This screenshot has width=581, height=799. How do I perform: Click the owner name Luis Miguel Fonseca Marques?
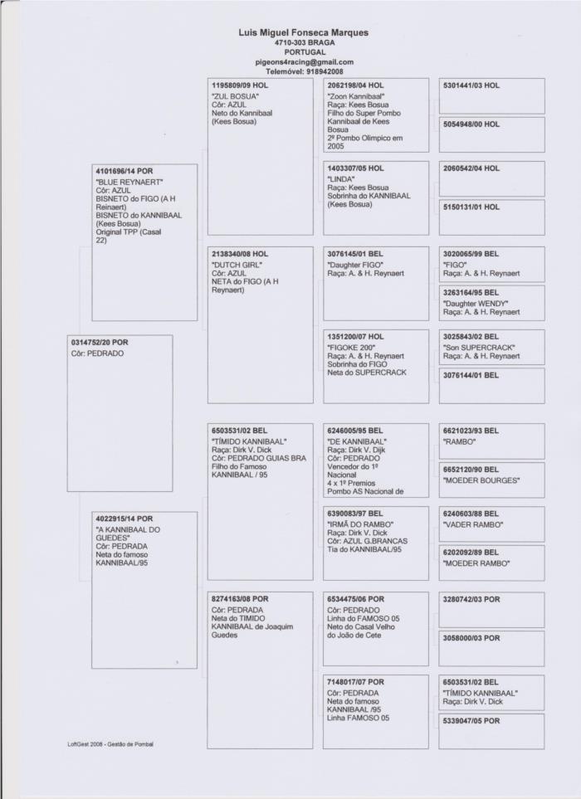[x=303, y=32]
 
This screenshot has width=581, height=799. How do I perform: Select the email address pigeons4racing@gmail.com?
[x=304, y=61]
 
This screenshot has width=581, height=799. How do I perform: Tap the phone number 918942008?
[x=320, y=71]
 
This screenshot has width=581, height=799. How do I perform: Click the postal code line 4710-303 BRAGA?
[x=304, y=42]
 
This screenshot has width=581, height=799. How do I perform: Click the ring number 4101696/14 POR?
[x=124, y=171]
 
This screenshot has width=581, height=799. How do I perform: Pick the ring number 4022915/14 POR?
[x=124, y=519]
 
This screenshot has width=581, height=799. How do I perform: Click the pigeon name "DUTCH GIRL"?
[x=237, y=264]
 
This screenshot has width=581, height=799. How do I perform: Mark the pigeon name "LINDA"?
[x=341, y=178]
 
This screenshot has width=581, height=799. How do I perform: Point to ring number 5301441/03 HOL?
[x=471, y=85]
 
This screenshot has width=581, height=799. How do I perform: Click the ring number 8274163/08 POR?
[x=240, y=599]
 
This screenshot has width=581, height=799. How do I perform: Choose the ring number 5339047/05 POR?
[x=471, y=721]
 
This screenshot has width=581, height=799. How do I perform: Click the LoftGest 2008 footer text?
[x=111, y=743]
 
